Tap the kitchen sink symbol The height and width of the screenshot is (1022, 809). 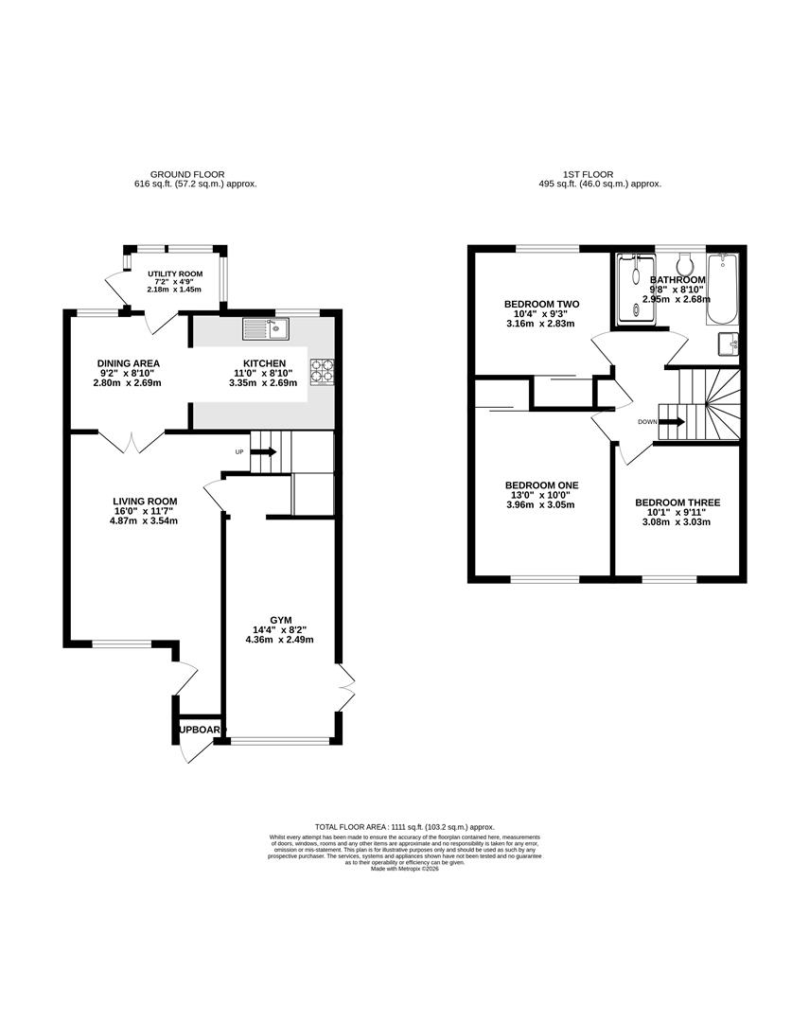pyautogui.click(x=266, y=329)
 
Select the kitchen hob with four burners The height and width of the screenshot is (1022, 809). pyautogui.click(x=320, y=371)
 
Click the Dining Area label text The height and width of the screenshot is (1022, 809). pyautogui.click(x=128, y=363)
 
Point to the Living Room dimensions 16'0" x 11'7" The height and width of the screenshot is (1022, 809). pyautogui.click(x=145, y=511)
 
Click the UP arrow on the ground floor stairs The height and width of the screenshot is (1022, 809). pyautogui.click(x=264, y=452)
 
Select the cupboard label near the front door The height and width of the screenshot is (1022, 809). pyautogui.click(x=200, y=730)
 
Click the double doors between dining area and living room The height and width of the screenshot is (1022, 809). pyautogui.click(x=132, y=441)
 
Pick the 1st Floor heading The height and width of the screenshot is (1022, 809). pyautogui.click(x=588, y=174)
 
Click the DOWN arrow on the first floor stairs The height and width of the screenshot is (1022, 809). pyautogui.click(x=672, y=422)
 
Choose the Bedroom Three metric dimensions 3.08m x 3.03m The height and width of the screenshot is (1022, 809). pyautogui.click(x=677, y=522)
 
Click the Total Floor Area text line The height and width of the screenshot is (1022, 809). pyautogui.click(x=405, y=827)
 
